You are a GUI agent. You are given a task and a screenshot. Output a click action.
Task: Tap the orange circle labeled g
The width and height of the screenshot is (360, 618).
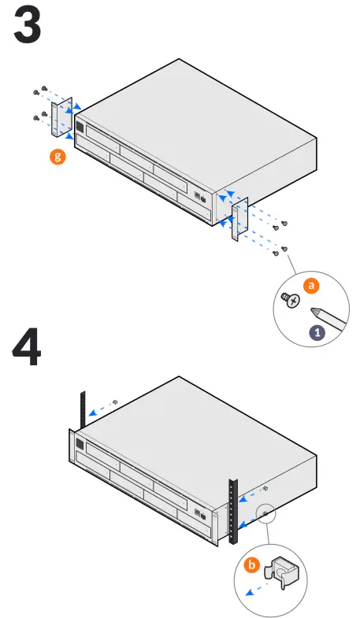click(57, 157)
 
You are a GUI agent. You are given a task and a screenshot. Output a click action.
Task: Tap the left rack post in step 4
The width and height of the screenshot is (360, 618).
click(82, 409)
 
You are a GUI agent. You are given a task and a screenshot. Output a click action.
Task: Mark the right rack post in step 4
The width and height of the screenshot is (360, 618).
click(232, 511)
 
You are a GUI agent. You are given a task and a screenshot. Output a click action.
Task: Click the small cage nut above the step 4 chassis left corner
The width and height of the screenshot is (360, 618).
click(116, 402)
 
